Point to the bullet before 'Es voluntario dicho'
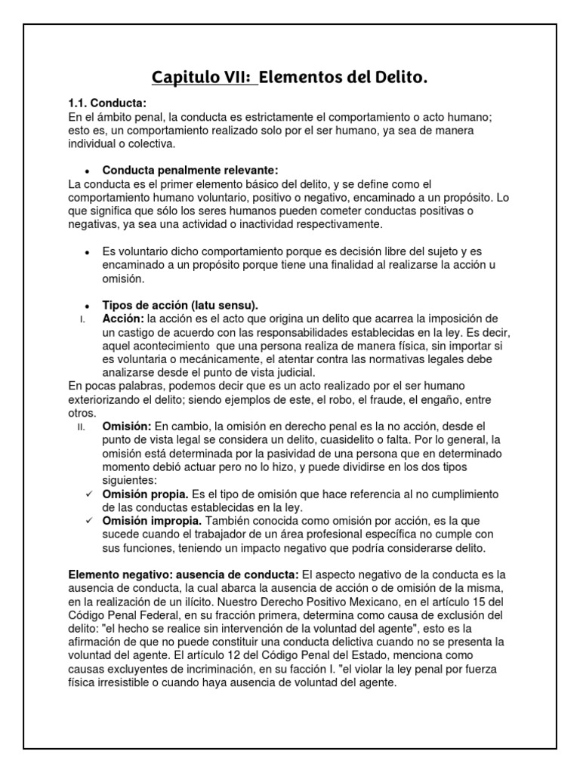coord(88,251)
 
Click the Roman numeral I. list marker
coord(82,319)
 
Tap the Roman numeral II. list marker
coord(83,427)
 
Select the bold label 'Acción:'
coord(123,319)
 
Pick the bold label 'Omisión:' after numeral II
coord(127,427)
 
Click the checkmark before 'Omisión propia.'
coord(89,494)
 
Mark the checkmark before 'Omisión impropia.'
coord(89,521)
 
